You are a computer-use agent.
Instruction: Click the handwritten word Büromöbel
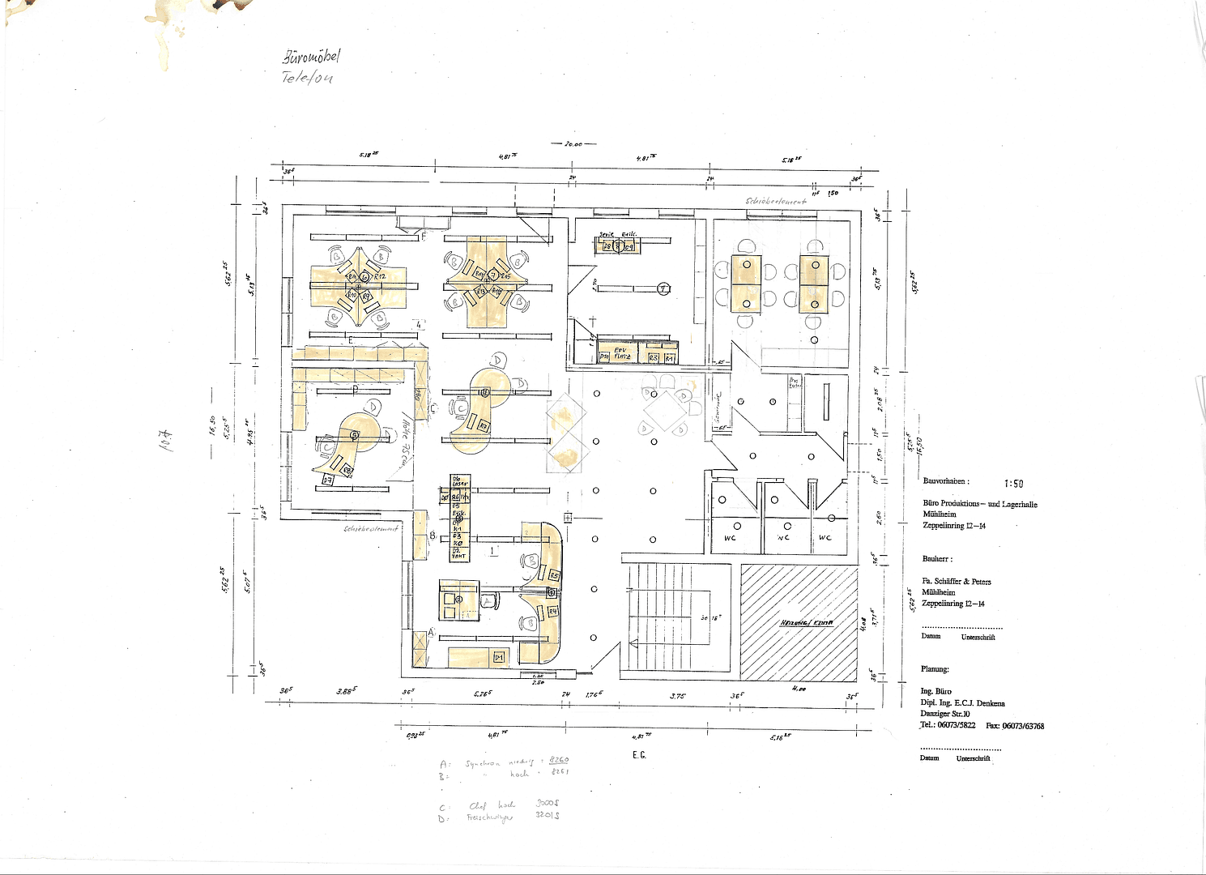point(311,57)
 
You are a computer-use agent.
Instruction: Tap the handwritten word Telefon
point(307,78)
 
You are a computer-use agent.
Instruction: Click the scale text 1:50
point(1013,484)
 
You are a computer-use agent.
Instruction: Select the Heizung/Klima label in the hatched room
point(806,622)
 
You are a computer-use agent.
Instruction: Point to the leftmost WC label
point(730,538)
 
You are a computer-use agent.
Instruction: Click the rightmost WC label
point(825,538)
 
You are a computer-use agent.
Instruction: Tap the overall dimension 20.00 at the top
point(573,144)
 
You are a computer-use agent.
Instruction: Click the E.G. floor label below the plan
point(639,755)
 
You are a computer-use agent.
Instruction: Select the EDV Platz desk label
point(621,353)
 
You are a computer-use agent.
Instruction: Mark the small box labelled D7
point(328,480)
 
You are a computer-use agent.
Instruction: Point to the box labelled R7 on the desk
point(483,425)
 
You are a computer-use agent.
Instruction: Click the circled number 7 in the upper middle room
point(663,288)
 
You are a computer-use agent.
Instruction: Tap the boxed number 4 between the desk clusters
point(419,324)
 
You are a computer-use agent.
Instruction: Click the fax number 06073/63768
point(1022,726)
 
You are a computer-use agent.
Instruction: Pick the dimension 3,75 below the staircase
point(677,695)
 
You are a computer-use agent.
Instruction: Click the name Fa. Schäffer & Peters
point(957,582)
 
